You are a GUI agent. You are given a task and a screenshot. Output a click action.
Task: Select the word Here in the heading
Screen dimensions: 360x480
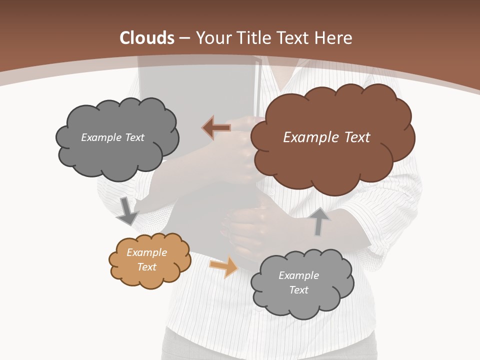tap(333, 38)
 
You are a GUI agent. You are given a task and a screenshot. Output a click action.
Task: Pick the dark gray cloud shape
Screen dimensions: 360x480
tap(117, 160)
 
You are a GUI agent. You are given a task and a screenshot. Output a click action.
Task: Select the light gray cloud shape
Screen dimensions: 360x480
tap(302, 305)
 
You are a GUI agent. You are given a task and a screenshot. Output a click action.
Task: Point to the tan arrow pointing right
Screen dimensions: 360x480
tap(224, 266)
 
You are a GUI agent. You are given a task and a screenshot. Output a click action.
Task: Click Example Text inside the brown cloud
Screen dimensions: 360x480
tap(326, 137)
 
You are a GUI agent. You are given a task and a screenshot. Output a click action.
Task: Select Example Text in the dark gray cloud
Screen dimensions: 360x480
tap(112, 137)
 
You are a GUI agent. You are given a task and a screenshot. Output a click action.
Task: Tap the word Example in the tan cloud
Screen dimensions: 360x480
tap(146, 252)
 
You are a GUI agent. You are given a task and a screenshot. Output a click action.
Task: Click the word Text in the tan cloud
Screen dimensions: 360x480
tap(146, 267)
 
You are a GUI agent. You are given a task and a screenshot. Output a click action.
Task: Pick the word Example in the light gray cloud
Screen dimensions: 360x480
tap(298, 275)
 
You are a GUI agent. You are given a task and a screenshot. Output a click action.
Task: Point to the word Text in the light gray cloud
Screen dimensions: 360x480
tap(298, 290)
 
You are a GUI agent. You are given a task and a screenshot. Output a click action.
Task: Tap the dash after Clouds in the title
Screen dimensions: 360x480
tap(184, 38)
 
